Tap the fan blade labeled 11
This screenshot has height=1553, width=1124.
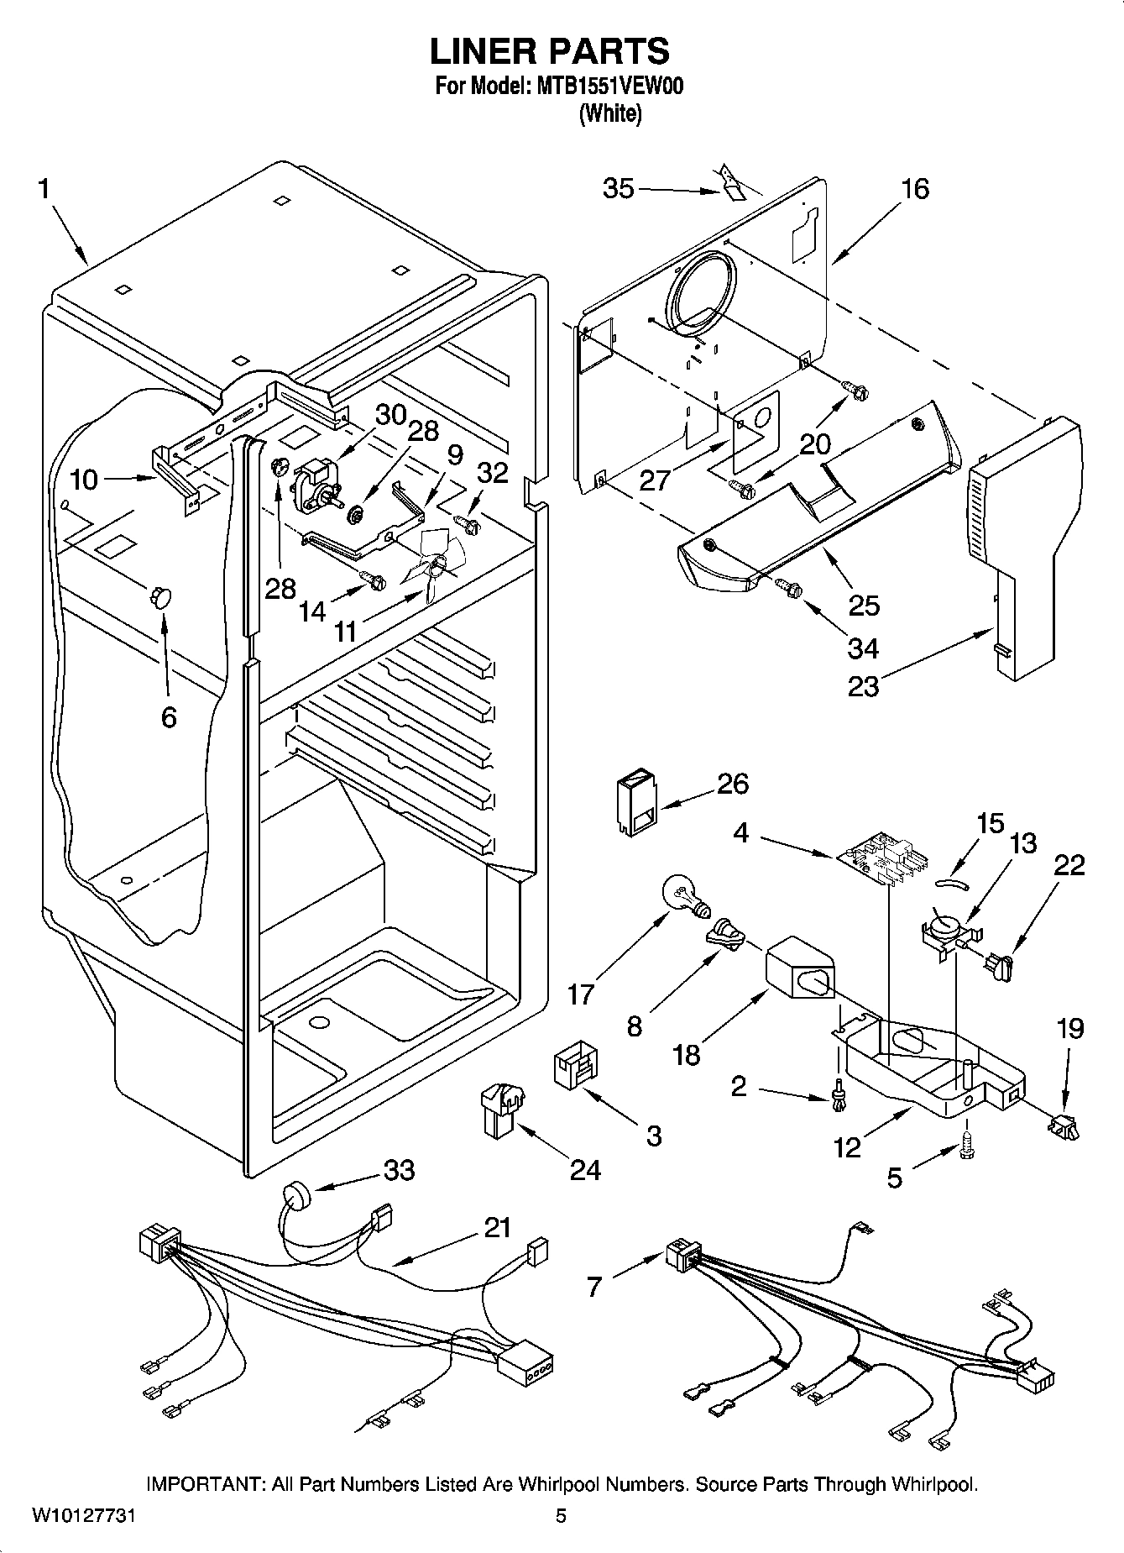click(433, 561)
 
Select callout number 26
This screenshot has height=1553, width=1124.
click(732, 784)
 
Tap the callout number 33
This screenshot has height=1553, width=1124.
click(399, 1169)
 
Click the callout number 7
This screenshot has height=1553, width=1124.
click(594, 1286)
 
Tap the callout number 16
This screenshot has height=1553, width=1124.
click(914, 189)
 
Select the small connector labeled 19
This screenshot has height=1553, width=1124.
click(1063, 1125)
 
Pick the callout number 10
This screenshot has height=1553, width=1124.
click(84, 480)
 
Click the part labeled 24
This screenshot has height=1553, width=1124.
click(500, 1110)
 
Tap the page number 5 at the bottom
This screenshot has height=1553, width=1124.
click(562, 1517)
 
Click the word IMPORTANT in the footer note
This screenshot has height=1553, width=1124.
click(205, 1485)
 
